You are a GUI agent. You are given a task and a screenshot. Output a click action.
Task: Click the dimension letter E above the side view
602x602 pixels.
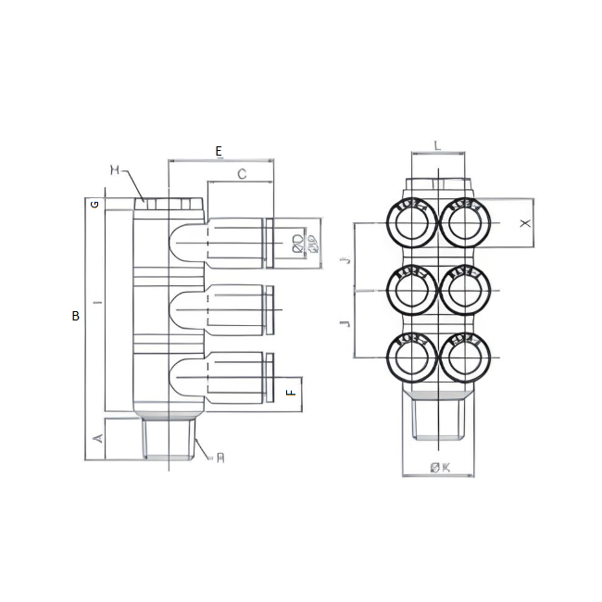(x=219, y=151)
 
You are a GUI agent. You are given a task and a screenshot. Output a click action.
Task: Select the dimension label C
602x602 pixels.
(x=242, y=173)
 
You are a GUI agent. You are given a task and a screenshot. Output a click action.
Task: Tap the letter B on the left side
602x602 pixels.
(x=76, y=316)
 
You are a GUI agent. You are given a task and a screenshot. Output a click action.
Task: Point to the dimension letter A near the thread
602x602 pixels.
(x=97, y=438)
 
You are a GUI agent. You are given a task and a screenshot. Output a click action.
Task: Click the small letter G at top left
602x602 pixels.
(x=94, y=204)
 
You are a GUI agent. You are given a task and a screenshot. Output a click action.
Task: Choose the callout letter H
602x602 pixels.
(x=115, y=169)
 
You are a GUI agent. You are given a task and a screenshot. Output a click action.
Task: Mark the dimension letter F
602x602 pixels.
(x=290, y=392)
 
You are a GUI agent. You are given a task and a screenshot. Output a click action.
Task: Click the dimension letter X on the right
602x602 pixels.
(x=524, y=224)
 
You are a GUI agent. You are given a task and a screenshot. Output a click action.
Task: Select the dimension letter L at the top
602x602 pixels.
(x=437, y=145)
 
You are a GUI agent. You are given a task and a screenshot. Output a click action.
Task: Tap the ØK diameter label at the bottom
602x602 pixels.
(x=440, y=468)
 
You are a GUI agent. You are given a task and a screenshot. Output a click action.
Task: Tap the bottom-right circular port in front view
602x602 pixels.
(x=465, y=357)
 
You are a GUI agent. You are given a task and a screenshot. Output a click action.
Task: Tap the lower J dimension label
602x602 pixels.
(x=345, y=323)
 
